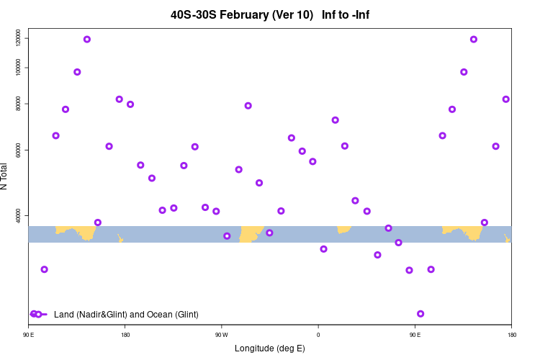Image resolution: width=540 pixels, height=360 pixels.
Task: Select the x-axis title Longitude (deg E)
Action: click(x=270, y=348)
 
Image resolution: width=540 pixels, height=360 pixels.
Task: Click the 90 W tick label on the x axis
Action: click(x=221, y=335)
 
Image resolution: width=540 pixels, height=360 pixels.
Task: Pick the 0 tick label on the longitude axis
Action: click(x=318, y=335)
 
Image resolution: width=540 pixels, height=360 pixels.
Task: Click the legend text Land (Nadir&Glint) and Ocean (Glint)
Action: click(x=126, y=315)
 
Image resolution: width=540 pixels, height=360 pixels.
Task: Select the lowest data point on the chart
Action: click(x=420, y=314)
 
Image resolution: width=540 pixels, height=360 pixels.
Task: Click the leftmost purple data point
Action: click(x=45, y=269)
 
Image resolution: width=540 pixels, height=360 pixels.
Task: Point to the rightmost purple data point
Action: click(x=506, y=99)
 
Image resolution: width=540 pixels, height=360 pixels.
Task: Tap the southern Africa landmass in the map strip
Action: click(x=343, y=229)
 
